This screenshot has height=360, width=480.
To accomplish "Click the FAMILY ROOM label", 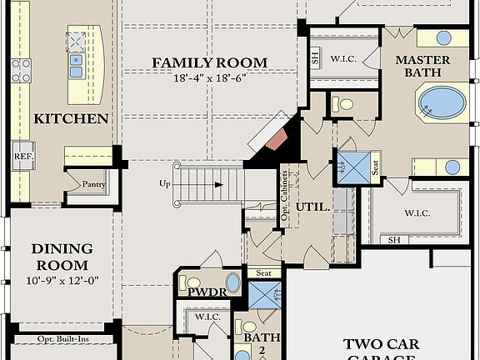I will [209, 63].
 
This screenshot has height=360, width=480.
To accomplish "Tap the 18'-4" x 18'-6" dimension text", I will [209, 78].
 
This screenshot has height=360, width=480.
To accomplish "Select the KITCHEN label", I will [71, 119].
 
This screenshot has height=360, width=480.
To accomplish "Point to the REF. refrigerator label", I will [22, 156].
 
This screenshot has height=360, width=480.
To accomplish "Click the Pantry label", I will [91, 184].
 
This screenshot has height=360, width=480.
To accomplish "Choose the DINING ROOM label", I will [60, 257].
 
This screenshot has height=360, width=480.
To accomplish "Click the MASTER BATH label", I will [422, 67].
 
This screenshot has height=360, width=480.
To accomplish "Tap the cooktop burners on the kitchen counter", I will [21, 70].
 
